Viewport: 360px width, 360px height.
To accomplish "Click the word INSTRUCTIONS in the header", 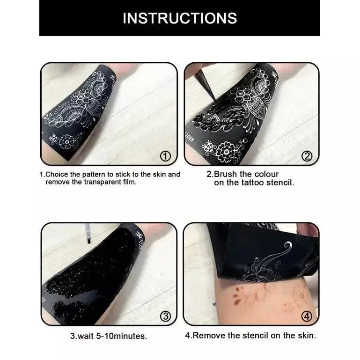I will tap(180, 18).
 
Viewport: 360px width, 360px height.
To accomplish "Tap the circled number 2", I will tap(307, 156).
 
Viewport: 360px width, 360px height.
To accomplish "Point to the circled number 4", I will tap(307, 316).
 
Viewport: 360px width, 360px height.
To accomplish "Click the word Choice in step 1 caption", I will tap(58, 174).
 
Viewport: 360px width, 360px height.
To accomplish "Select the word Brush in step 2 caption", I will tap(230, 174).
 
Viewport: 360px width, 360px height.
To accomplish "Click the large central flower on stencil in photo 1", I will tap(85, 100).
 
